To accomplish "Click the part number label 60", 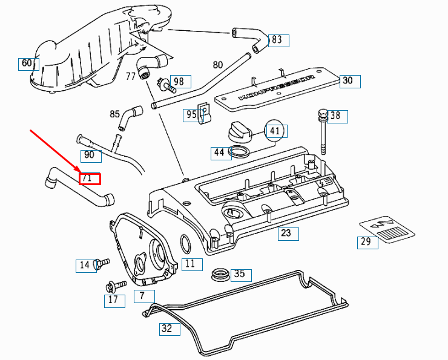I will (x=27, y=63).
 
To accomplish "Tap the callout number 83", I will (x=278, y=40).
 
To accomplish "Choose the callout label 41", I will (x=276, y=131).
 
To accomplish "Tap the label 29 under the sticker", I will (x=367, y=242).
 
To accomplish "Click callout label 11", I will (x=191, y=264).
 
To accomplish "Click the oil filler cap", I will (x=240, y=131).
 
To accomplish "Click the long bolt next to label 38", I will (x=324, y=133).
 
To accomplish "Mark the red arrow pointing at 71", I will (x=54, y=151).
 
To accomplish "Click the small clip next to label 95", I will (x=205, y=111).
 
